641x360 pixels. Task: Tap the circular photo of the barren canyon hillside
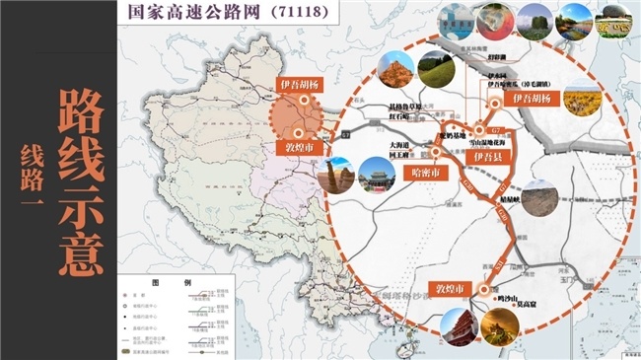click(x=542, y=199)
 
